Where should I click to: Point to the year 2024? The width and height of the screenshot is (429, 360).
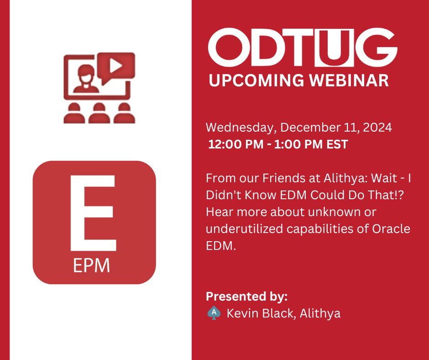(x=377, y=127)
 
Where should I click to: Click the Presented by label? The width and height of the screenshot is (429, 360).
(x=246, y=296)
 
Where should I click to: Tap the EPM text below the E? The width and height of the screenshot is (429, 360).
(x=92, y=266)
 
